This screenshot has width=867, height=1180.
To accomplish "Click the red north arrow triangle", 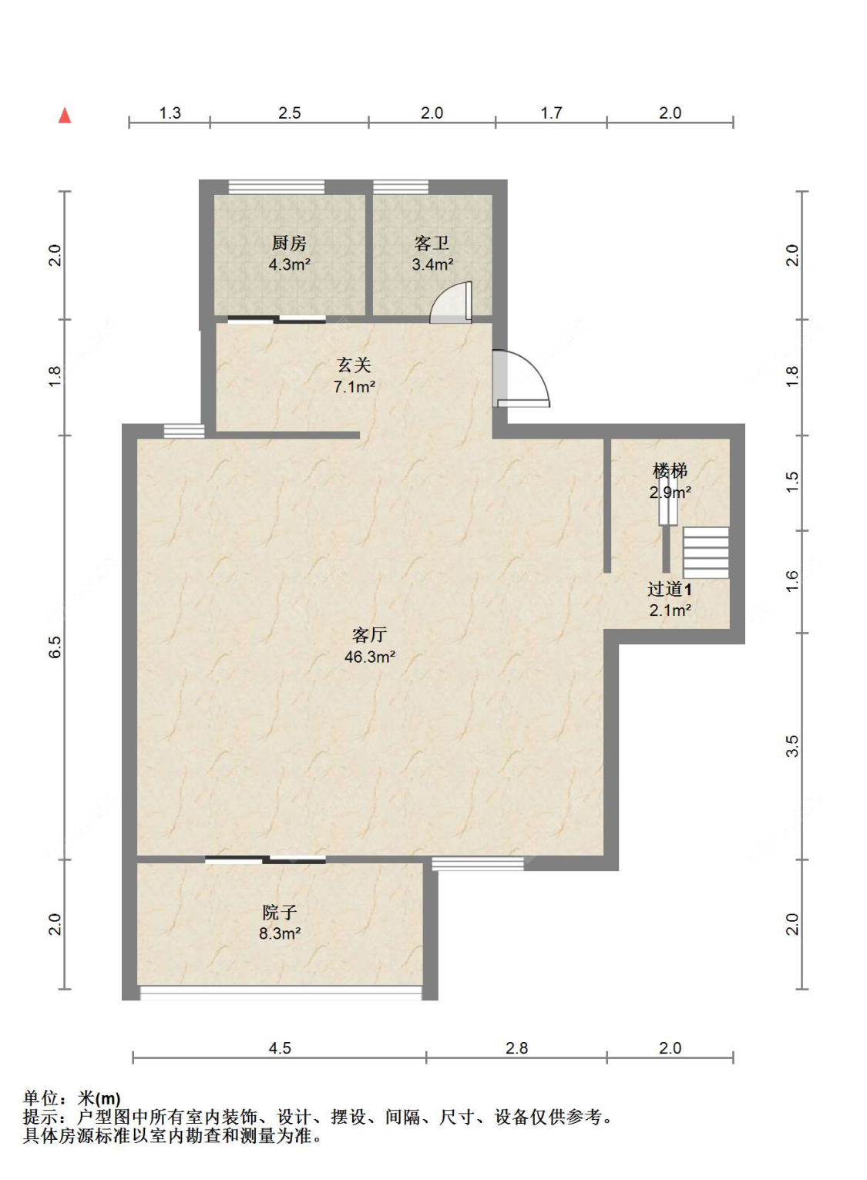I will point(65,116).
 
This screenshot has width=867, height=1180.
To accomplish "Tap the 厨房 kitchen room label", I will point(289,244).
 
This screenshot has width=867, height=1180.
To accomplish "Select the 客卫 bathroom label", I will point(432,244).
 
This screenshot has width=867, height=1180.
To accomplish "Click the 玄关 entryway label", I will point(354,365).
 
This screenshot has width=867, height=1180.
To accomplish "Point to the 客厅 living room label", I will point(369,635).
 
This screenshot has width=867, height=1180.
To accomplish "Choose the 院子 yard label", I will point(279,913).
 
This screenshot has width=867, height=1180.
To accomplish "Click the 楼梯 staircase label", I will point(670,470).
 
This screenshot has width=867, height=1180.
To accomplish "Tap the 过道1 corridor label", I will point(669,590).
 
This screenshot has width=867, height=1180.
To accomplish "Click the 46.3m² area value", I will point(369,657).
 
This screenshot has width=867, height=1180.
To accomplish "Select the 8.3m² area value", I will point(279,933).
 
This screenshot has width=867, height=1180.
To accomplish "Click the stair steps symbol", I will point(706,553).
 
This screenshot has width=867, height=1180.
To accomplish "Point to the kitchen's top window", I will point(277,187).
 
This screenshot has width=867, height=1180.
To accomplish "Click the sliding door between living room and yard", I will point(265,859).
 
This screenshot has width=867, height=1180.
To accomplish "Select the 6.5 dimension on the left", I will point(55,647).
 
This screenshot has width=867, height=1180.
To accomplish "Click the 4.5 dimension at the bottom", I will point(280,1048).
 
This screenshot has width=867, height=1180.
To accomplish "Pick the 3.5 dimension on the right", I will point(792,746).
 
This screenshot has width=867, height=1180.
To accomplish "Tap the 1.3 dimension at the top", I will point(170,113).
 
